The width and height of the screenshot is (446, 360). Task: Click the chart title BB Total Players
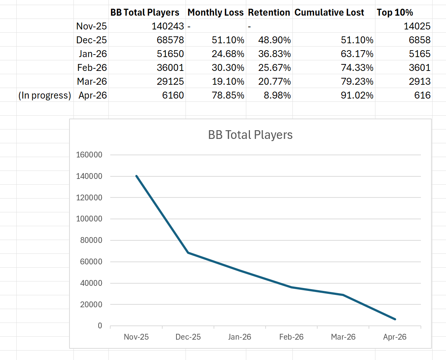tap(250, 135)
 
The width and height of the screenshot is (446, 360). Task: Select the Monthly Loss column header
tap(215, 12)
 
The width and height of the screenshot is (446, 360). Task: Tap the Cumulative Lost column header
tap(329, 12)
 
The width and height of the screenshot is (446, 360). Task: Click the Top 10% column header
tap(395, 12)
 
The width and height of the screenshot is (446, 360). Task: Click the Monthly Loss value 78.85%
tap(228, 95)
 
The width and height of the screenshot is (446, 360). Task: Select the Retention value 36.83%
tap(274, 54)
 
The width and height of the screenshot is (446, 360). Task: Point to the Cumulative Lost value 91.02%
tap(357, 95)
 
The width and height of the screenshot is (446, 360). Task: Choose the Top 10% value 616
tap(422, 95)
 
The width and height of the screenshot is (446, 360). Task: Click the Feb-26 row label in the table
tap(92, 68)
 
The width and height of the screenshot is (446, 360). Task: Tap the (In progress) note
tap(45, 95)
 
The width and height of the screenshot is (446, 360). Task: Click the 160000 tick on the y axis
tap(89, 155)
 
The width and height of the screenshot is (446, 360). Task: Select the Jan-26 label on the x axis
tap(240, 337)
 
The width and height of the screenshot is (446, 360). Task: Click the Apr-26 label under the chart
tap(395, 337)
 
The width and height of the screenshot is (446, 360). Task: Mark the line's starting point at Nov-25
tap(136, 176)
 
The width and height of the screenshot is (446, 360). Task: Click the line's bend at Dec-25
tap(188, 253)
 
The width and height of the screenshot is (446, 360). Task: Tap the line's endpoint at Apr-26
tap(395, 319)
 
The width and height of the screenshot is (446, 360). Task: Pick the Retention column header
tap(269, 12)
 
